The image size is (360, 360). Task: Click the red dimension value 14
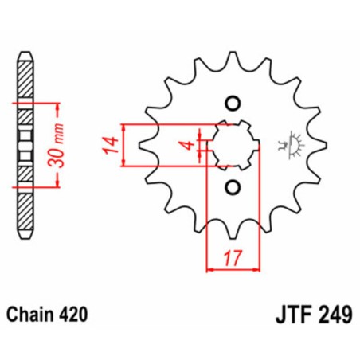click(112, 145)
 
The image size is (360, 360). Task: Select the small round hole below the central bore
click(233, 188)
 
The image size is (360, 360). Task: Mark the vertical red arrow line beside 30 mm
click(61, 144)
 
